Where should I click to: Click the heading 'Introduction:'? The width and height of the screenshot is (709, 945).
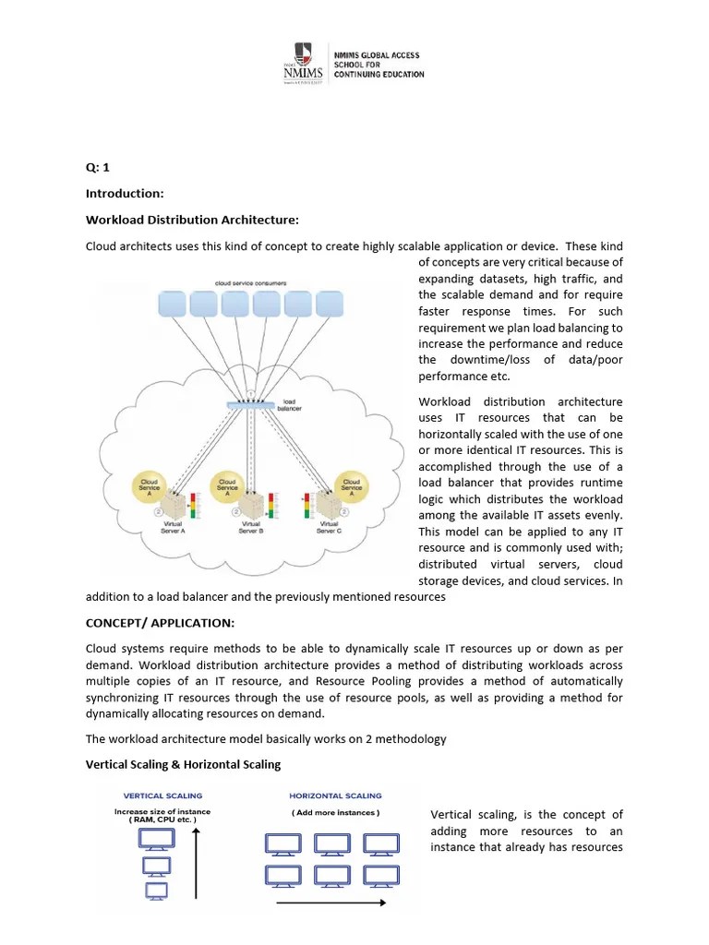(125, 194)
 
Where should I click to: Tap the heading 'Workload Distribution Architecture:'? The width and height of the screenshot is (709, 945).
(192, 220)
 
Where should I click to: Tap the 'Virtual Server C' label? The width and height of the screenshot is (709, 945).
(330, 527)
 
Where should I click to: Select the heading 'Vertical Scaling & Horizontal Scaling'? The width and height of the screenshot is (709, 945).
(183, 764)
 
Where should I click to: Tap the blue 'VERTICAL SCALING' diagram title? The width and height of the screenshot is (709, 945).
(163, 795)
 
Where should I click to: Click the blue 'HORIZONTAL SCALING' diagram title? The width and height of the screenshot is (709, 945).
(335, 795)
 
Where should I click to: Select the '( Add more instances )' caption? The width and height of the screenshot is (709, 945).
(335, 813)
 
